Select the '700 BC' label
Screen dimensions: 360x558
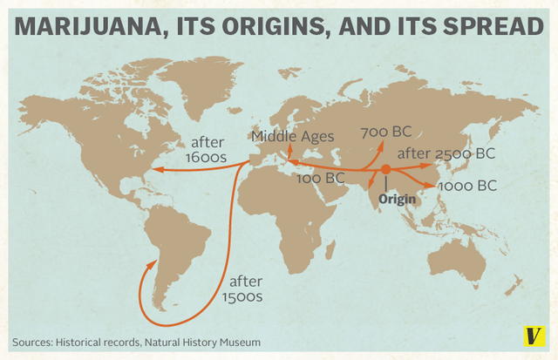coord(385,133)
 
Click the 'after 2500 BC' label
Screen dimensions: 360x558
coord(446,154)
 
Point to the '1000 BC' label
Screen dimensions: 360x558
coord(467,185)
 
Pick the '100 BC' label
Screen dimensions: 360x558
coord(321,179)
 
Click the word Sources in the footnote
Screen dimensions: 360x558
coord(33,342)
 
